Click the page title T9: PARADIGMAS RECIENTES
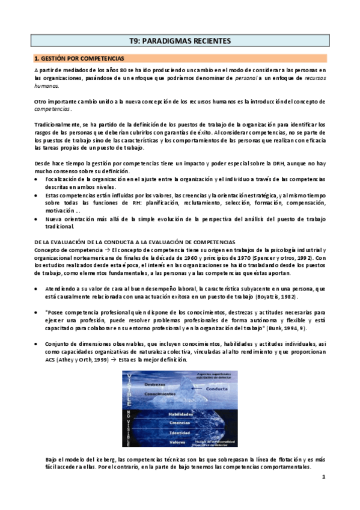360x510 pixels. tap(180, 41)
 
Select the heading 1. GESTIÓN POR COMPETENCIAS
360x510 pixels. tap(79, 59)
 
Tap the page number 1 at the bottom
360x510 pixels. tap(323, 478)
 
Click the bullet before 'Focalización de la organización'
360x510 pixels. tap(37, 179)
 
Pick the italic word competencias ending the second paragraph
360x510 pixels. tap(53, 109)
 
